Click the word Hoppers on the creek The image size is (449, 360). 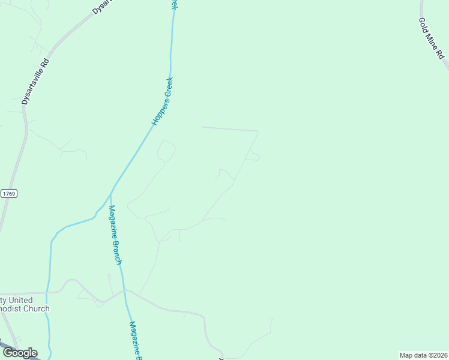(x=157, y=113)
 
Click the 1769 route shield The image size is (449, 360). (x=9, y=193)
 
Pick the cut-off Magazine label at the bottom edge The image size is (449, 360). (x=136, y=341)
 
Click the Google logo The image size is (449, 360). (x=20, y=353)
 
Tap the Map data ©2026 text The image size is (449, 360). (x=423, y=355)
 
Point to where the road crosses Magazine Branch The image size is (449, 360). (x=124, y=290)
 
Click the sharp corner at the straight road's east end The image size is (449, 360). (x=258, y=131)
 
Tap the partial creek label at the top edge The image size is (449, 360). (x=174, y=4)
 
